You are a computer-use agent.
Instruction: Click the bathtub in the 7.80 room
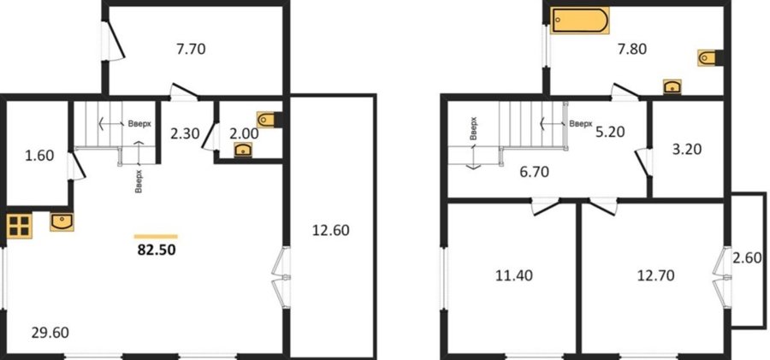[579, 21]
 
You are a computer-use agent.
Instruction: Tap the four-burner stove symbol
[19, 226]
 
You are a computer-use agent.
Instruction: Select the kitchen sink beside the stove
[62, 221]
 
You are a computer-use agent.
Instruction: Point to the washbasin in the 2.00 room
[243, 150]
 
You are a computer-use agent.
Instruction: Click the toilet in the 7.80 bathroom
[711, 58]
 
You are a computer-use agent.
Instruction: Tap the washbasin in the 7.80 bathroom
[672, 86]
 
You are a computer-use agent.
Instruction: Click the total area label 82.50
[157, 250]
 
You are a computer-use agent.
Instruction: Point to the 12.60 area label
[331, 230]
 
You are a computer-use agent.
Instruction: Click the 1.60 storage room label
[38, 156]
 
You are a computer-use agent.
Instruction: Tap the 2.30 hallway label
[184, 133]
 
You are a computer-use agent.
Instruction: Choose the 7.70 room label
[191, 49]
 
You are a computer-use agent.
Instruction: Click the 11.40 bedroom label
[515, 275]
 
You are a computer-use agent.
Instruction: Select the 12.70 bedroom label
[655, 275]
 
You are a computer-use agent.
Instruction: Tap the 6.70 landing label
[534, 172]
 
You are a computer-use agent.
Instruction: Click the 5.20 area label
[610, 132]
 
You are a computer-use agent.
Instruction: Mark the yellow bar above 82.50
[157, 236]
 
